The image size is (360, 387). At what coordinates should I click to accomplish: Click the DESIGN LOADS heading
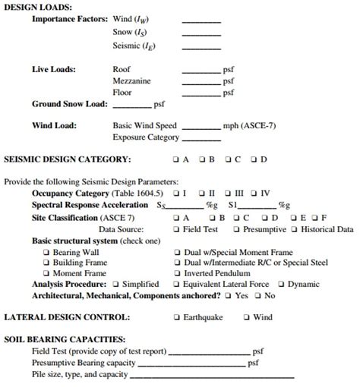(39, 7)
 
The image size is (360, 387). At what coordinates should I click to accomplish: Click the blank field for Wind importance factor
(201, 20)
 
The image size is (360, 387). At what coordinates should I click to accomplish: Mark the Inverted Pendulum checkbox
(176, 273)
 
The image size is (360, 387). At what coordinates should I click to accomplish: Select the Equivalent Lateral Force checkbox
(176, 284)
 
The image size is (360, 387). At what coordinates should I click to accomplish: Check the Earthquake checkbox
(176, 317)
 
